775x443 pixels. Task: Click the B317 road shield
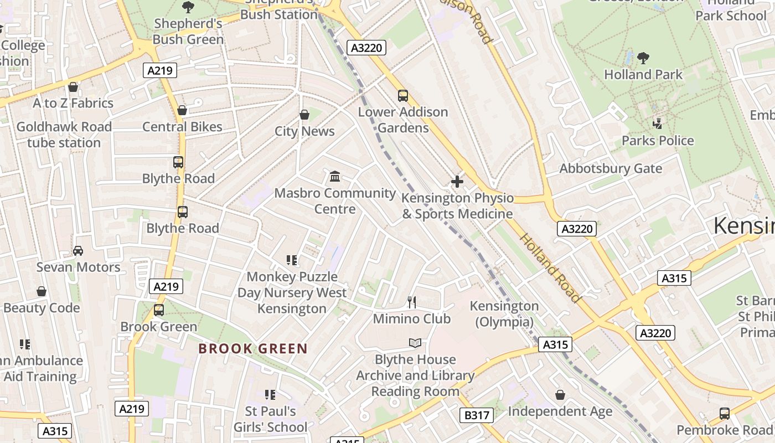[x=476, y=415]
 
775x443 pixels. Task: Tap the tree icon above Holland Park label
[x=643, y=58]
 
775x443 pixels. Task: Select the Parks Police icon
[x=658, y=123]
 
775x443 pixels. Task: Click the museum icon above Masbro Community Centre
[x=335, y=177]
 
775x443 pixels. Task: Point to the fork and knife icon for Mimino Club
[x=411, y=302]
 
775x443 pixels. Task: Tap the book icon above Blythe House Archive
[x=415, y=343]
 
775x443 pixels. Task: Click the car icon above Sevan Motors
[x=78, y=251]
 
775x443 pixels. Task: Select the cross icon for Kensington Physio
[x=457, y=182]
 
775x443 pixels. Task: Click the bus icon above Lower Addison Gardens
[x=403, y=96]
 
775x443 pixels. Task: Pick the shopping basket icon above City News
[x=304, y=115]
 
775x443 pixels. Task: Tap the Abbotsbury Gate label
[x=611, y=168]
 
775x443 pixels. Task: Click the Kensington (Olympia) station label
[x=504, y=314]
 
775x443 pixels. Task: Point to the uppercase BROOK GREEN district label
[x=253, y=349]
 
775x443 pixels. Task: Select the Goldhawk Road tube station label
[x=64, y=135]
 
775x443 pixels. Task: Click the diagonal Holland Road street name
[x=550, y=269]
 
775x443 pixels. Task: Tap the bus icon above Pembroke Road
[x=724, y=414]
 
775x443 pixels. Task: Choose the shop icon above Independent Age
[x=560, y=395]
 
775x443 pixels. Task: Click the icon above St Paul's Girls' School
[x=270, y=395]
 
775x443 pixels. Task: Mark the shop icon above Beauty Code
[x=42, y=291]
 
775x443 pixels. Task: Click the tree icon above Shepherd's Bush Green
[x=188, y=7]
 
